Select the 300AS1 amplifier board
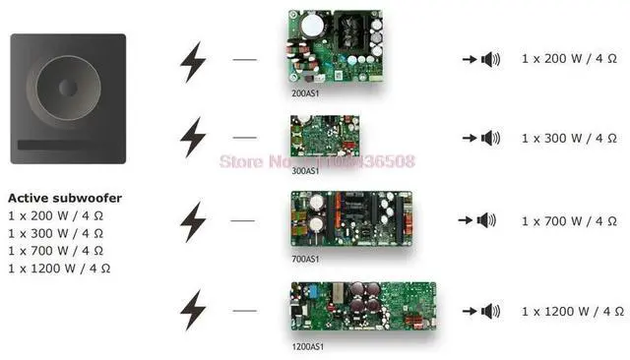click(319, 139)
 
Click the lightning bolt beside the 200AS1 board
click(193, 61)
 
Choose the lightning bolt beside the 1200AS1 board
click(193, 310)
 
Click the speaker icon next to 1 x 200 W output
click(490, 60)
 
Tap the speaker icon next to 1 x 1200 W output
click(489, 311)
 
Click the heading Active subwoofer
click(64, 198)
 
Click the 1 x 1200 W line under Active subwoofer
click(59, 267)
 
